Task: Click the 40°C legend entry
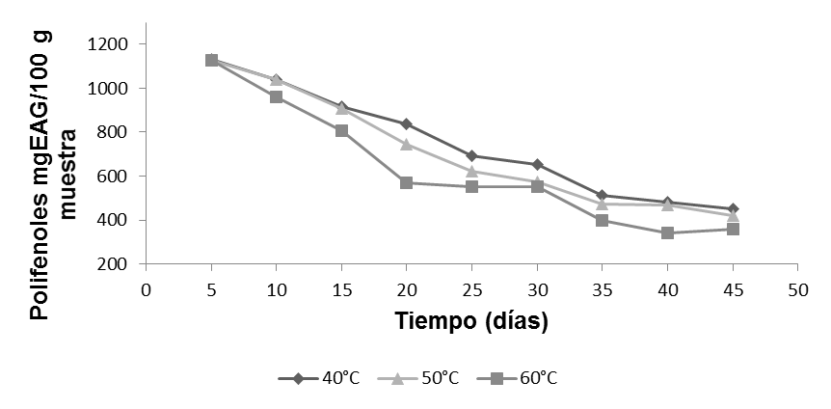[319, 378]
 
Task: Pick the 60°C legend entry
[519, 378]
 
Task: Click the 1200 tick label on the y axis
[108, 44]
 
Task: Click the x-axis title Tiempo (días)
[471, 321]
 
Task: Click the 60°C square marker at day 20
[407, 182]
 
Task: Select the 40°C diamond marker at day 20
[407, 123]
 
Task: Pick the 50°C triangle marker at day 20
[407, 144]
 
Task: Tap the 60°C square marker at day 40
[667, 232]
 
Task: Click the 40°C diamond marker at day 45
[733, 208]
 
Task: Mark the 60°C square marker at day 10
[277, 96]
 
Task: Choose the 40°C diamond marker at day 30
[537, 164]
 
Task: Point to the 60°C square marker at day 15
[341, 130]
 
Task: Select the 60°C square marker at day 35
[603, 220]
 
